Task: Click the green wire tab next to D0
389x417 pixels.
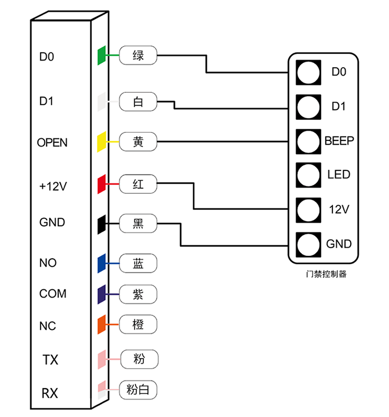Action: [102, 56]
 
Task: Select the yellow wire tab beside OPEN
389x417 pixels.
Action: [102, 142]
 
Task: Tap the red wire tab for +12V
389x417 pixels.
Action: [102, 184]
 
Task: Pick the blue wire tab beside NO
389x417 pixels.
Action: [102, 263]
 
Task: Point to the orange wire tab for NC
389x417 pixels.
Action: [102, 324]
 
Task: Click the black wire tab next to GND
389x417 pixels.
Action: [102, 224]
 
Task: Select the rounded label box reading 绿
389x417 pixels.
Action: [138, 56]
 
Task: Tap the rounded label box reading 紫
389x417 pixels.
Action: [138, 294]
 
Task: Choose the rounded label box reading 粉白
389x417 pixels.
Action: [138, 390]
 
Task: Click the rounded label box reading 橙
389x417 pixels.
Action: [138, 324]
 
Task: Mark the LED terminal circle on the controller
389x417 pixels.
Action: [308, 175]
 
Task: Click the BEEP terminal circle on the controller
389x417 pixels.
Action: [308, 142]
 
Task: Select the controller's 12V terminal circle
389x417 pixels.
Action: [308, 210]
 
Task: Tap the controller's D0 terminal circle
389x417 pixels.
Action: [308, 72]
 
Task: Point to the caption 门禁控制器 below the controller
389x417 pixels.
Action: [326, 274]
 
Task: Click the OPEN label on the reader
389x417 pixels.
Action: [52, 143]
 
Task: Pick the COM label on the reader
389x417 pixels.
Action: [53, 294]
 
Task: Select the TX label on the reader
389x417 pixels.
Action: [50, 360]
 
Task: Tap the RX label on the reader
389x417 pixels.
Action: [50, 393]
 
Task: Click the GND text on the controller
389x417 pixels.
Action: [339, 244]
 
